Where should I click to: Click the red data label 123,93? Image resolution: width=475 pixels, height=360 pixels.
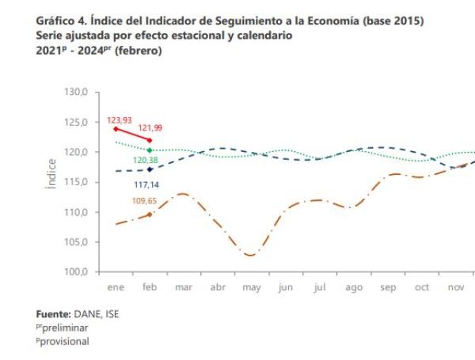pos(120,121)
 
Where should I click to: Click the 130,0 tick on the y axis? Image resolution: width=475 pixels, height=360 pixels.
pos(77,93)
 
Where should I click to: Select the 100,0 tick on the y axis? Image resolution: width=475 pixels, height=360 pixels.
pos(77,272)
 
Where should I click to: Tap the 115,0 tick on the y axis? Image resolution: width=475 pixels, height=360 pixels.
pos(77,182)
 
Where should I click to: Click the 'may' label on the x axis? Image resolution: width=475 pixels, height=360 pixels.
pos(251,288)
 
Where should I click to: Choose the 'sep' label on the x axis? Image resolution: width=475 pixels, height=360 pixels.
pos(388,288)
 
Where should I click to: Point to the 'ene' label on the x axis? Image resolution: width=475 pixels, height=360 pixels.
pos(116,288)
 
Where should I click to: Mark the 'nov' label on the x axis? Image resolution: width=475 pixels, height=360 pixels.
pos(456,288)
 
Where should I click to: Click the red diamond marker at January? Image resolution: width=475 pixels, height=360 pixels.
pos(116,128)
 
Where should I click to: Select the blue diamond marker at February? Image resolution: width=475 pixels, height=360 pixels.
pos(150,169)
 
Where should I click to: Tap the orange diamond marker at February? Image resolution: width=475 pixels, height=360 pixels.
pos(150,214)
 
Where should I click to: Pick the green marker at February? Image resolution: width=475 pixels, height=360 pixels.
pos(150,150)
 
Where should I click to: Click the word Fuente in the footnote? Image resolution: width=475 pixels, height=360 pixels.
pos(55,314)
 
